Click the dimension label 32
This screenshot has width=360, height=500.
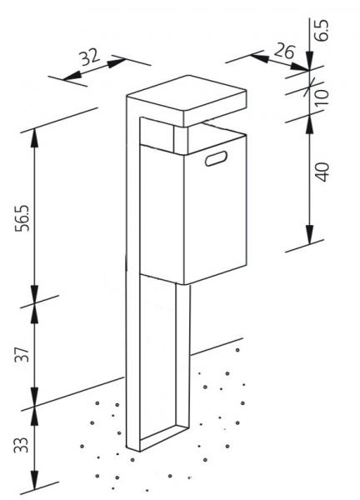91,57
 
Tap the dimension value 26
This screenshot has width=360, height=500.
284,51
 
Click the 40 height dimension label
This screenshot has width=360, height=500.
322,172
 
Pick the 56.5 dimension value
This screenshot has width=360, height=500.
22,218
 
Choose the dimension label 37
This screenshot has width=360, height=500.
22,353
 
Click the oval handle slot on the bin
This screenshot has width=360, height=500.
216,158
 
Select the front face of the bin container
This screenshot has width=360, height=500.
162,213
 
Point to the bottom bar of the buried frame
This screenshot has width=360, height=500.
164,437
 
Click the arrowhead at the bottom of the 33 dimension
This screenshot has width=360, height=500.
34,480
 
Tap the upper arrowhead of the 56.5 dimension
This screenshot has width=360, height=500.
34,138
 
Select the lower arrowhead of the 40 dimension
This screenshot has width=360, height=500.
310,234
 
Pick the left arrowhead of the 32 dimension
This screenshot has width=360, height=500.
72,76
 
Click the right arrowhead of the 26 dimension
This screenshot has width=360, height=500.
299,66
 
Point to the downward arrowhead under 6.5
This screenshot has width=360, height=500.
310,60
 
